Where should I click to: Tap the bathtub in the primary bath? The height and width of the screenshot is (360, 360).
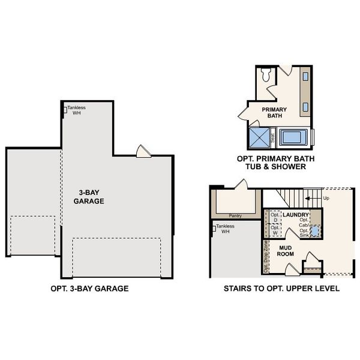coord(294,138)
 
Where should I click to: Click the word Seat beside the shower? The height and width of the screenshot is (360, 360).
coord(273,138)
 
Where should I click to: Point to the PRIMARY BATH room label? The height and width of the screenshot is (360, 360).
coord(274,112)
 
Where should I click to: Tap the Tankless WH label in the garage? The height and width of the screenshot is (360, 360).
coord(76,110)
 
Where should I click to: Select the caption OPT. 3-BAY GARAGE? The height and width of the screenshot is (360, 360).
coord(90,289)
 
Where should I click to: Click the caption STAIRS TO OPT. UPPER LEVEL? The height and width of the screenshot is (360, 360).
coord(281,289)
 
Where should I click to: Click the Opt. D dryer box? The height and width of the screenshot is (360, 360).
coord(275,218)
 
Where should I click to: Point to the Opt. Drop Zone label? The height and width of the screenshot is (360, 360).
coord(266,257)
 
